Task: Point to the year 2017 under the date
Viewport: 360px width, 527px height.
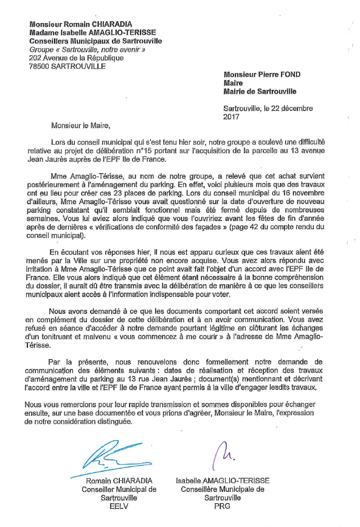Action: click(232, 116)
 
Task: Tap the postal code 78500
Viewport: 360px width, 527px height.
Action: click(42, 66)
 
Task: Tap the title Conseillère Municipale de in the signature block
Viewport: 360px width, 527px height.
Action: click(222, 488)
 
